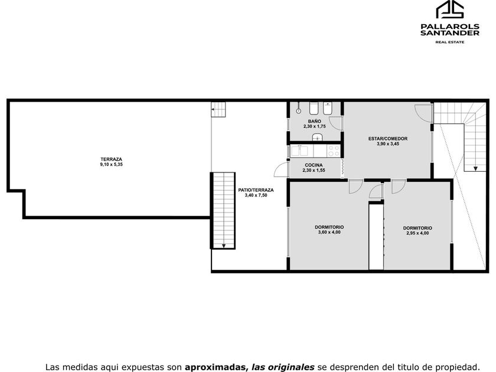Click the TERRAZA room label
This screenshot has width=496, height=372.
click(x=112, y=159)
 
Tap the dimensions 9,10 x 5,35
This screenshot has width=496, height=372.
click(x=112, y=165)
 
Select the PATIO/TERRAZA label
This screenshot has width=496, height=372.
click(x=256, y=190)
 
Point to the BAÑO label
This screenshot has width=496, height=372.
click(x=314, y=121)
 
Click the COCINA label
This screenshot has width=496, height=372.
click(x=314, y=165)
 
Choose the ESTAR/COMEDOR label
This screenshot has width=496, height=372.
click(x=388, y=139)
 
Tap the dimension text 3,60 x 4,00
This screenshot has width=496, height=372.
click(x=329, y=232)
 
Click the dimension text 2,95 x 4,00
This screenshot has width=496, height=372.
click(x=417, y=233)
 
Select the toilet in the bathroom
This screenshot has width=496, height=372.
click(x=314, y=108)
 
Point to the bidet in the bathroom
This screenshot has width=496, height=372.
click(x=327, y=108)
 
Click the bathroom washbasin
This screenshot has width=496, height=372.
click(x=317, y=137)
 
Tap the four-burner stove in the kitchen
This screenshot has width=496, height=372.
click(x=334, y=151)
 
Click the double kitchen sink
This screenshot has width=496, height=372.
click(x=299, y=151)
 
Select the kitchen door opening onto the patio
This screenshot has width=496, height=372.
click(x=281, y=170)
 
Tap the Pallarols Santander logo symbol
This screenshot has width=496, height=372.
click(x=450, y=9)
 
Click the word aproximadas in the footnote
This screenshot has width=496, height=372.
click(x=216, y=367)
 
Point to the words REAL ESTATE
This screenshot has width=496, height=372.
click(x=450, y=42)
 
